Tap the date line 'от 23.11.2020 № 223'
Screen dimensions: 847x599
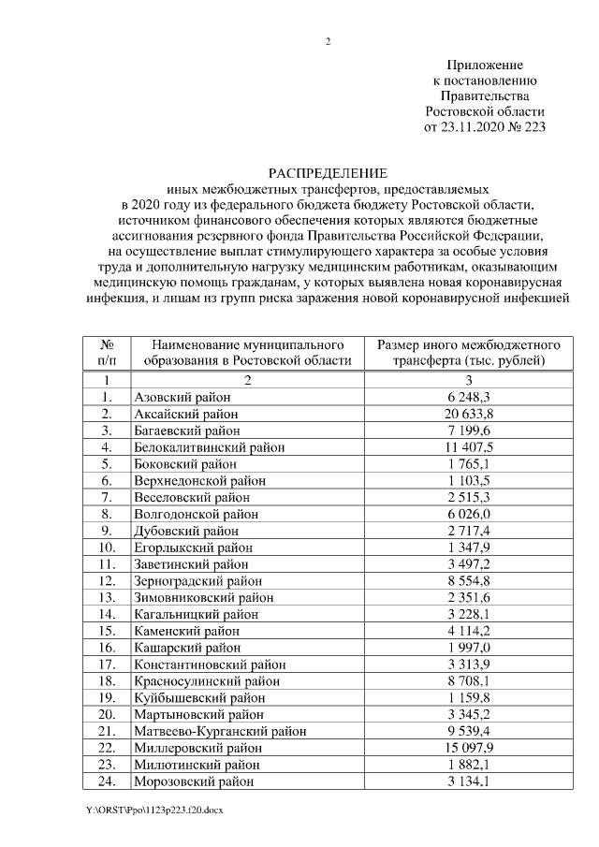point(484,126)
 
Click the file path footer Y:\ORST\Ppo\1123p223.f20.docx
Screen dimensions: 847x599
point(155,810)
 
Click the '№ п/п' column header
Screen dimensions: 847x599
point(107,352)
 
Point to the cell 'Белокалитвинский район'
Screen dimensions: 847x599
point(209,446)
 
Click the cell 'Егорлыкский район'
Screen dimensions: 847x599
point(193,547)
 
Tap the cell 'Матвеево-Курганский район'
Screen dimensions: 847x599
point(219,730)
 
